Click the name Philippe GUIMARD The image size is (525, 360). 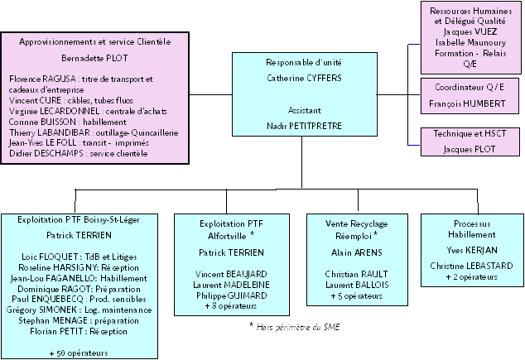pos(225,295)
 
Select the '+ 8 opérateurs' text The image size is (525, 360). pos(225,306)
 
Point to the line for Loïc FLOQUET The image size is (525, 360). pos(79,256)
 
